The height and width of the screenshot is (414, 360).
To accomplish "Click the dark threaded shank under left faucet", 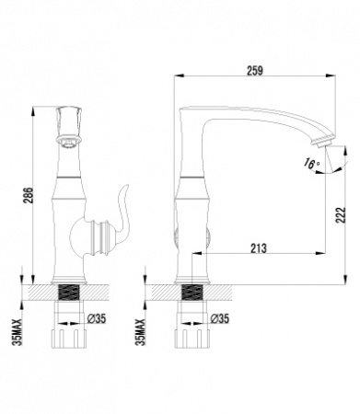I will tap(67, 297).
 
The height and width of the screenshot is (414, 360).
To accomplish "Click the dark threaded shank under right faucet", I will tap(192, 297).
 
